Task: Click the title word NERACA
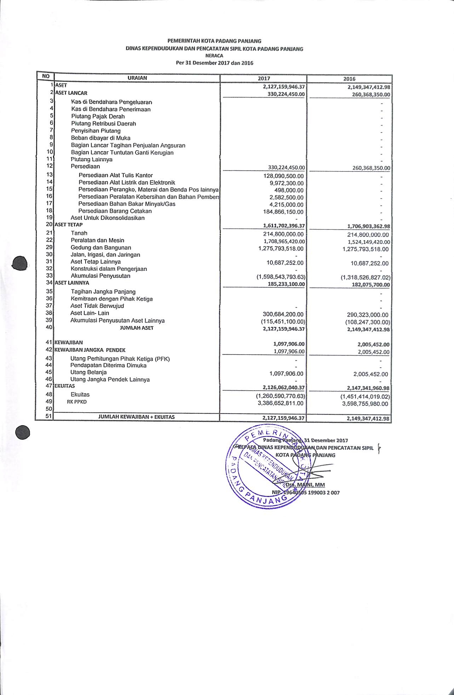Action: pos(214,56)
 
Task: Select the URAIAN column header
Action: pos(137,78)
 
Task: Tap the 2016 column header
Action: pos(349,79)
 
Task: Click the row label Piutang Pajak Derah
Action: pos(98,116)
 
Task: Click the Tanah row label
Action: pos(79,233)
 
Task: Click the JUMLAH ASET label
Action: pos(137,328)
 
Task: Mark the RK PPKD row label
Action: pos(77,402)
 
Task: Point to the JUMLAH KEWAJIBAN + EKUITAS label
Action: pos(136,417)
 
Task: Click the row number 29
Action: pos(49,247)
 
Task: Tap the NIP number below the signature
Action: pos(306,492)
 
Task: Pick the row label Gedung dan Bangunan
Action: pos(101,248)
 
